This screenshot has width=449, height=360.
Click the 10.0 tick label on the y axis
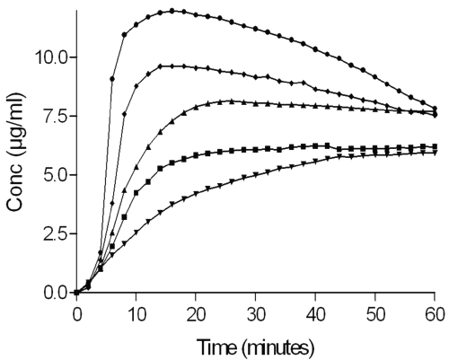coord(52,57)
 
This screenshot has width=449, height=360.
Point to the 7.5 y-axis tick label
coord(57,116)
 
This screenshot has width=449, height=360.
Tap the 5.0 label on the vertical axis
coord(57,175)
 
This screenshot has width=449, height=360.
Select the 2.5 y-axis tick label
coord(57,233)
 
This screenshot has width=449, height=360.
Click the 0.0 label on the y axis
coord(57,293)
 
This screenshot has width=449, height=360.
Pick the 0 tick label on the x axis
coord(77,315)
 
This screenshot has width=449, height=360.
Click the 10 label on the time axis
coord(136,315)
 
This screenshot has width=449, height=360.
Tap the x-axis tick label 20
coord(196,315)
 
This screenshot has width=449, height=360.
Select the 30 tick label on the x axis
coord(255,315)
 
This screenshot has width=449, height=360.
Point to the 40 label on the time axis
coord(315,315)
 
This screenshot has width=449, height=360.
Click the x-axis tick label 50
coord(374,315)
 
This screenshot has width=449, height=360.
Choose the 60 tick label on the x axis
coord(435,315)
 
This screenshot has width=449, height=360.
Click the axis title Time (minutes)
coord(255,347)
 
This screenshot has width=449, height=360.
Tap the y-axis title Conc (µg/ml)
coord(15,152)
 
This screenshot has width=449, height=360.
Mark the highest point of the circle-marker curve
coord(172,11)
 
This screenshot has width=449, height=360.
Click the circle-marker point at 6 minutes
coord(112,79)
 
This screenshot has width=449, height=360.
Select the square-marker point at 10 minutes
coord(136,193)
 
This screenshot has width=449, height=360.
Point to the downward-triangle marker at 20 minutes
coord(196,194)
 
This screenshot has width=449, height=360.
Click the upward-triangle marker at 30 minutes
coord(255,103)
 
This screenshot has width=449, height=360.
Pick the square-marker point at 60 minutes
coord(435,146)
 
